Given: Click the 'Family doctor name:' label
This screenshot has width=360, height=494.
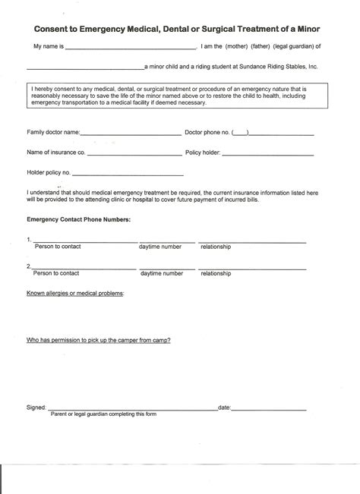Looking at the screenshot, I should (53, 132).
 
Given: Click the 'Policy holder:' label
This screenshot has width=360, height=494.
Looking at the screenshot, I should (203, 153).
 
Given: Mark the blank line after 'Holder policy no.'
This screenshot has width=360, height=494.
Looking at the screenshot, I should (129, 174).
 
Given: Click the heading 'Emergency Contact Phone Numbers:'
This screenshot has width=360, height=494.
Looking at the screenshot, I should (79, 219).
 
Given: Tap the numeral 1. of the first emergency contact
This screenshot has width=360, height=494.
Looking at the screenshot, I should (28, 241).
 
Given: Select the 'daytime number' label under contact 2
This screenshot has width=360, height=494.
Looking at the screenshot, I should (160, 272).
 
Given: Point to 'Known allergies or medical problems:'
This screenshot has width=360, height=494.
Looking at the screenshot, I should (76, 291).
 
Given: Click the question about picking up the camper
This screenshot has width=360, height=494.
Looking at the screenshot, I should (99, 340).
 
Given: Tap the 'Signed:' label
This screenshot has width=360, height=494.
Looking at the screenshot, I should (36, 407).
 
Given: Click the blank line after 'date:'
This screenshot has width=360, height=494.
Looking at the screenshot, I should (269, 408).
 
